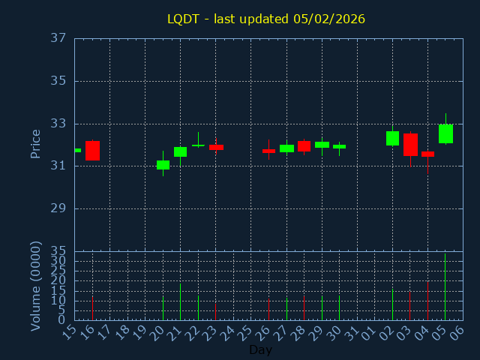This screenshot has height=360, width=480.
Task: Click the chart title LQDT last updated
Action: coord(266,19)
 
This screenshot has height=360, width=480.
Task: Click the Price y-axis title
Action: coord(35,143)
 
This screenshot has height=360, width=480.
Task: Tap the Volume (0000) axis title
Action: coord(35,286)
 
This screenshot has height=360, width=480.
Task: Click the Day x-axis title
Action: coord(260,349)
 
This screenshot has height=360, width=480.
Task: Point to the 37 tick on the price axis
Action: coord(59,38)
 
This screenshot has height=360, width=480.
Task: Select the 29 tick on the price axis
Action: coord(59,208)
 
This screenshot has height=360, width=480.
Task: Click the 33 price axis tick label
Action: coord(59,124)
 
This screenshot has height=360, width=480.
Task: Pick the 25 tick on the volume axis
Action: coord(59,271)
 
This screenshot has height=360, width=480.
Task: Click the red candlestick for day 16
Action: coord(92,150)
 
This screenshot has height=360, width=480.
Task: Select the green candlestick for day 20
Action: coord(163,164)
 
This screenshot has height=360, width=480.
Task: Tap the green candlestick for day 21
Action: coord(180,151)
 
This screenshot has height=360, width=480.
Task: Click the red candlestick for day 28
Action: coord(304,146)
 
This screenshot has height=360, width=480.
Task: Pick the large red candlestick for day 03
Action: coord(410,144)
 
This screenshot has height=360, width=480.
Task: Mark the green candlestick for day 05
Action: coord(445,133)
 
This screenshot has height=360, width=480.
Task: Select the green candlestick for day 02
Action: coord(392,138)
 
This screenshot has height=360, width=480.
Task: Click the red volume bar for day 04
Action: coord(427,301)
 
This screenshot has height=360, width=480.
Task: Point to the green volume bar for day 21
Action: coord(180,301)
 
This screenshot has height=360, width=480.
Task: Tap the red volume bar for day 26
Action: coord(268,309)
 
